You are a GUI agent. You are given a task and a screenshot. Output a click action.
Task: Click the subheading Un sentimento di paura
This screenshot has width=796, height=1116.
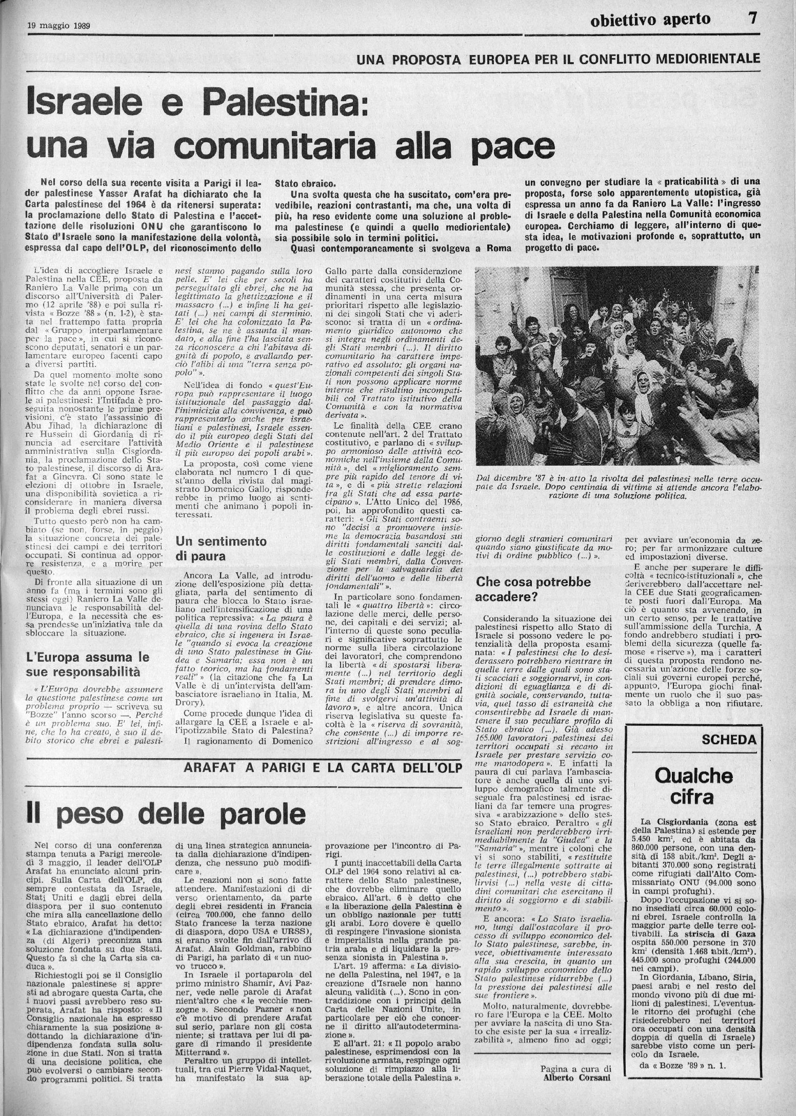point(221,549)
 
